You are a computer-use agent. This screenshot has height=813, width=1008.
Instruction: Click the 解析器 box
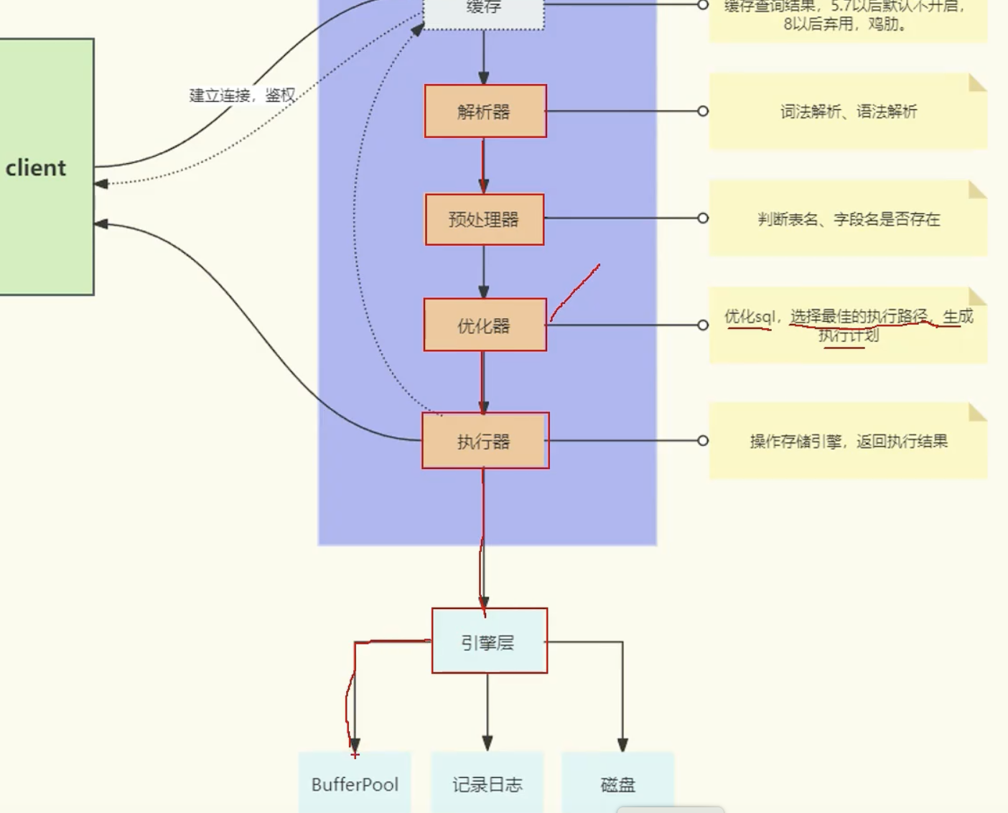point(485,111)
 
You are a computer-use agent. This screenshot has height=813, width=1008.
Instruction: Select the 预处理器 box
point(485,219)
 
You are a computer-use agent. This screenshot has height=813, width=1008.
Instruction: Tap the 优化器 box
point(485,325)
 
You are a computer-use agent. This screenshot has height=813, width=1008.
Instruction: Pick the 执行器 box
point(485,441)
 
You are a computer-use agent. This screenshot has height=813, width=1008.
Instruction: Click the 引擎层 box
point(489,641)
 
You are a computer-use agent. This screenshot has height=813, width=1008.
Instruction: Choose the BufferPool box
point(355,784)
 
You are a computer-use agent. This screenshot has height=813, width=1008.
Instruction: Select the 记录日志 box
point(487,784)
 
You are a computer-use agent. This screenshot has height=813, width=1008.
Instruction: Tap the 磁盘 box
point(617,784)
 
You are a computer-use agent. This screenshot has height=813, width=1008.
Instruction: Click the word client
point(36,168)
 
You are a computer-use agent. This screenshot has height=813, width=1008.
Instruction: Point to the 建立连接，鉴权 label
point(242,96)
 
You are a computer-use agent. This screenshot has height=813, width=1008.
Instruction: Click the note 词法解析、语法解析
point(849,111)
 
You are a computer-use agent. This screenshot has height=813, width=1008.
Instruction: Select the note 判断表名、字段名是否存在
point(849,219)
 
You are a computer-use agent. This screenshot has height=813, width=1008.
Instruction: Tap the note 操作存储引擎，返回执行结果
point(849,441)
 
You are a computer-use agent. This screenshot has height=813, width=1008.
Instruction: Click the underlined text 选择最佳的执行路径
point(859,316)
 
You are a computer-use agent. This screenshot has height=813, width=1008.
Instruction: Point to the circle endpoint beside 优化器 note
point(703,325)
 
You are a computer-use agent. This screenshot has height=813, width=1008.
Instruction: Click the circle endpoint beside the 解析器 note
point(703,111)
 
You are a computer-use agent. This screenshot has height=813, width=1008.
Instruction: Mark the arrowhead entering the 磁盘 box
point(622,745)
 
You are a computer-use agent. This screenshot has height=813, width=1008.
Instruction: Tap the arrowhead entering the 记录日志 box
point(487,743)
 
